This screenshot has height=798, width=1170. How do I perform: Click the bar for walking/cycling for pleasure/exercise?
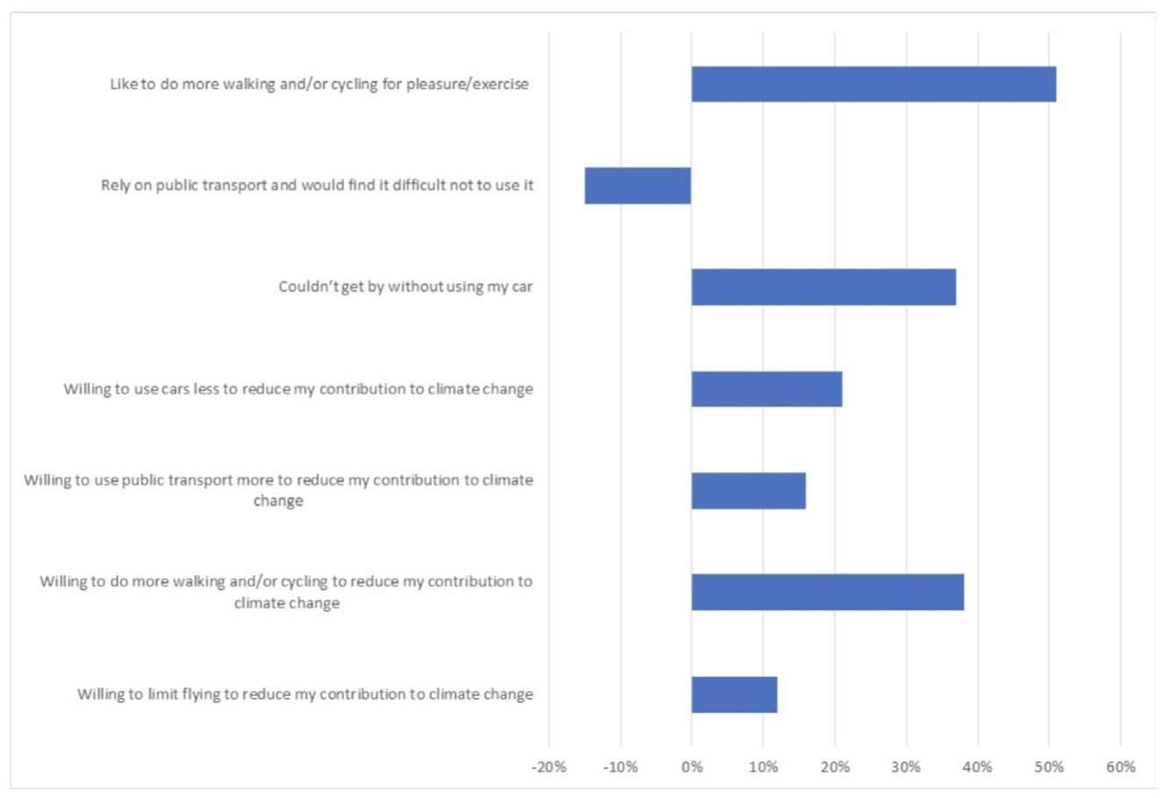tap(873, 84)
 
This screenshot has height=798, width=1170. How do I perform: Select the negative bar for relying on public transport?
tap(638, 186)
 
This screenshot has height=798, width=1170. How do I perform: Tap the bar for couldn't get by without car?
tap(823, 287)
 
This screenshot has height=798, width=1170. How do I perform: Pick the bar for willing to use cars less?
tap(766, 388)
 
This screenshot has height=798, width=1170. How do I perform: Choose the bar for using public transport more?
tap(747, 490)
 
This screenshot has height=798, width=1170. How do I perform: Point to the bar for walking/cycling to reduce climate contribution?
tap(827, 592)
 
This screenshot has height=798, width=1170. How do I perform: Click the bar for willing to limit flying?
tap(733, 694)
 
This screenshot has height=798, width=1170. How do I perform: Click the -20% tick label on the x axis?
tap(548, 766)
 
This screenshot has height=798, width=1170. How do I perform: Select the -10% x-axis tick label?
tap(620, 766)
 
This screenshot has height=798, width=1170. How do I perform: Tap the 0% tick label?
tap(692, 766)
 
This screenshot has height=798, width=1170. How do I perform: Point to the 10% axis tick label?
tap(763, 766)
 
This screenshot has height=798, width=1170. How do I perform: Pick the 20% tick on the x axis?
tap(835, 766)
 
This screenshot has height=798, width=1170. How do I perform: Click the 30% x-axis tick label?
tap(906, 766)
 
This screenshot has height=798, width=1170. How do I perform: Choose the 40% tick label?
tap(978, 766)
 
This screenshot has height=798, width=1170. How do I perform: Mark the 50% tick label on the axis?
tap(1049, 766)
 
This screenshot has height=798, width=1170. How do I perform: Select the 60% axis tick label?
tap(1121, 766)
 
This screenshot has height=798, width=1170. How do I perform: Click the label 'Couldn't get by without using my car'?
tap(405, 287)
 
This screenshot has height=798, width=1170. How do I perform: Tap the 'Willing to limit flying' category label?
tap(305, 695)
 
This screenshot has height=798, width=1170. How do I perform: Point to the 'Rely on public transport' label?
tap(317, 186)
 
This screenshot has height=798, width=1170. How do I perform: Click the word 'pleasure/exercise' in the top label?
tap(467, 84)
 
